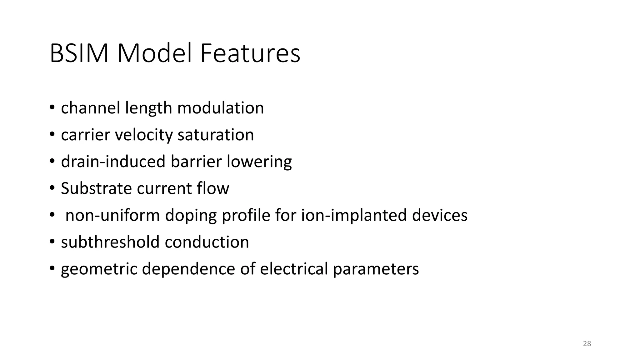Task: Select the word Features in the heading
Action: coord(250,53)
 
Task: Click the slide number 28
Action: coord(587,344)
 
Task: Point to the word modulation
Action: coord(220,108)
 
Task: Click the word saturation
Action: coord(216,135)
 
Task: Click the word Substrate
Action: coord(96,188)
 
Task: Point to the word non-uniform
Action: coord(112,215)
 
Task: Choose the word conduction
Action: coord(207,242)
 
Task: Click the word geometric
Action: coord(99,269)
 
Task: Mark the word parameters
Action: coord(376,269)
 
